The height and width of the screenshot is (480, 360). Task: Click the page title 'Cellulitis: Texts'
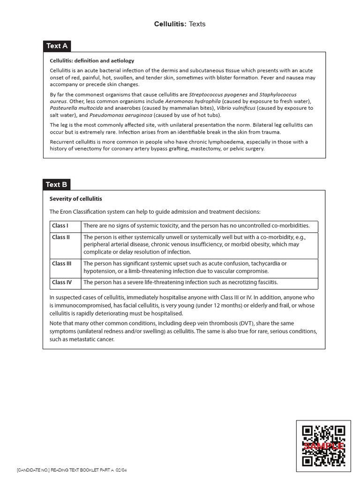coord(180,24)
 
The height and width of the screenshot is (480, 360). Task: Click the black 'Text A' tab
coord(57,46)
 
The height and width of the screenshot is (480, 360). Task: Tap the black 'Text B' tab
coord(57,184)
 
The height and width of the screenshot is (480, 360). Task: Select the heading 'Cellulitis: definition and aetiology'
coord(92,60)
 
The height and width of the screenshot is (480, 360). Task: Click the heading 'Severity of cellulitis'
coord(75,199)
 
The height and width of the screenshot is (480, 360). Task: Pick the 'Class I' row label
coord(60,226)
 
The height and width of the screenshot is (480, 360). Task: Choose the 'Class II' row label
coord(61,237)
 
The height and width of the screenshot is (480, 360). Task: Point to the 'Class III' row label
coord(62,263)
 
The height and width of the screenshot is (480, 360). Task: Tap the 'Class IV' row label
coord(62,282)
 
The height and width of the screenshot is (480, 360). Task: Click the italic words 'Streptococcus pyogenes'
coord(218,95)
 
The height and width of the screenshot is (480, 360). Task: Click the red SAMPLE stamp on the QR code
coord(324,446)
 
